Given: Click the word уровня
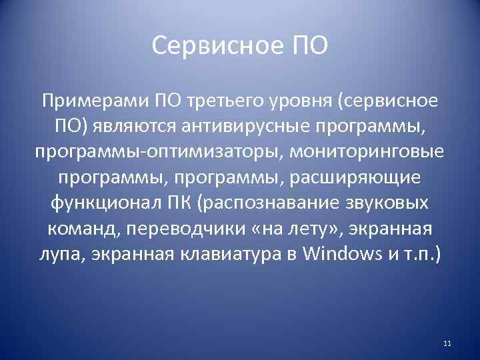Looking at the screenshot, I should pyautogui.click(x=303, y=101).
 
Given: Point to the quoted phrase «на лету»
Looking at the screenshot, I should pyautogui.click(x=300, y=228).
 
